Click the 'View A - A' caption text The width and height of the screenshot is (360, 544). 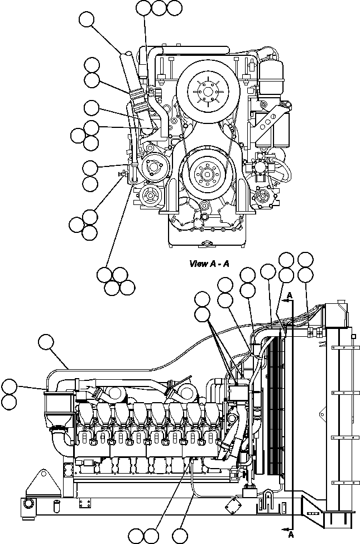click(209, 264)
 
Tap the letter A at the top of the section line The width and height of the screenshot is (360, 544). click(289, 295)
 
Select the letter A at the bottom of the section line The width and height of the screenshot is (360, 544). click(290, 535)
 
